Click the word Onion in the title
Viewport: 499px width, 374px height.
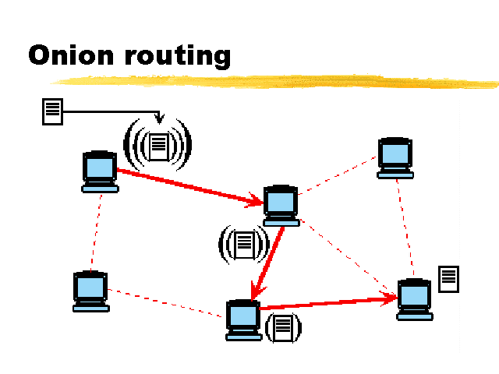[x=71, y=55]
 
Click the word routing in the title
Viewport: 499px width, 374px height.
[x=178, y=56]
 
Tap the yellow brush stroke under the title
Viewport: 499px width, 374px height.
[x=274, y=81]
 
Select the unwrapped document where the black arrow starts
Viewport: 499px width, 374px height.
[x=52, y=111]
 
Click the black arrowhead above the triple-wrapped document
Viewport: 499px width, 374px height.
[x=159, y=118]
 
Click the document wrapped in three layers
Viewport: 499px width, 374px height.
[x=157, y=145]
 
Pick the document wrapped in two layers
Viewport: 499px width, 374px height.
[x=244, y=245]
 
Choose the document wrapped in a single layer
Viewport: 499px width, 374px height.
[x=283, y=327]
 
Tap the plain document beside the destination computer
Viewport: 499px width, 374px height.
[x=449, y=279]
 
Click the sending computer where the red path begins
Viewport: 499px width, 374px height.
[x=100, y=171]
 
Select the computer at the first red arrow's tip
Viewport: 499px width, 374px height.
[x=281, y=206]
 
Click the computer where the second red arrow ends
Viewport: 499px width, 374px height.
[x=243, y=320]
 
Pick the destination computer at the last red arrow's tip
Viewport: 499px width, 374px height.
[x=415, y=299]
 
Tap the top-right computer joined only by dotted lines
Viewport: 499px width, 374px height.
[x=395, y=158]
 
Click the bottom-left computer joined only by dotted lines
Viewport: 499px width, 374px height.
[x=91, y=291]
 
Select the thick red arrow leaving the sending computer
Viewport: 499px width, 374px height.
[x=190, y=187]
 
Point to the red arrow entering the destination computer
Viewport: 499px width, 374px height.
[x=328, y=302]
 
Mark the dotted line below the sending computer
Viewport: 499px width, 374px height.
[x=96, y=232]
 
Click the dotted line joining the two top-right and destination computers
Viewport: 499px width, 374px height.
[x=405, y=227]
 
